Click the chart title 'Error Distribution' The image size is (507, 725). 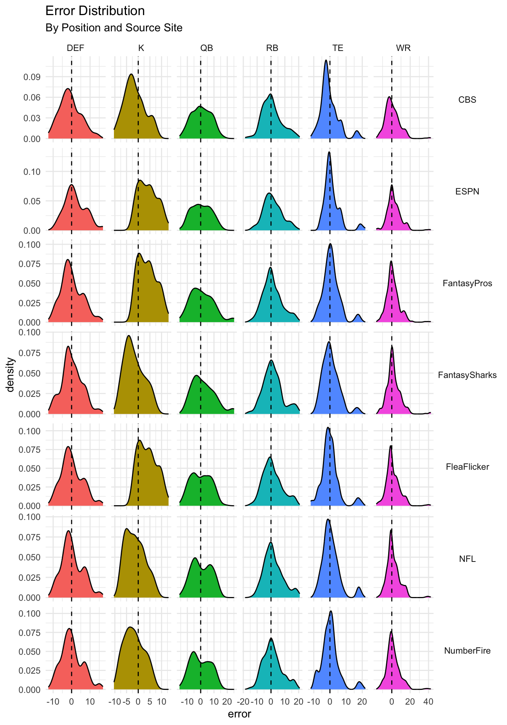pyautogui.click(x=95, y=11)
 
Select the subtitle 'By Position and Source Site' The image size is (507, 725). pyautogui.click(x=114, y=28)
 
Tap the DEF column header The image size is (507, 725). pyautogui.click(x=75, y=48)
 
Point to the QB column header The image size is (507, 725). pyautogui.click(x=207, y=48)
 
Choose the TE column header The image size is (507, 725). pyautogui.click(x=338, y=48)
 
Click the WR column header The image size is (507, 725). pyautogui.click(x=403, y=48)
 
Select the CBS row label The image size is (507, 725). pyautogui.click(x=467, y=100)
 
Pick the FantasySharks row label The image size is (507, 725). pyautogui.click(x=467, y=375)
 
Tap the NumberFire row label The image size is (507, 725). pyautogui.click(x=467, y=651)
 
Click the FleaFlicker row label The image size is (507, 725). pyautogui.click(x=467, y=467)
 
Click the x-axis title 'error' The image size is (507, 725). pyautogui.click(x=240, y=714)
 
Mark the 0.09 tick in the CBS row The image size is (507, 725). pyautogui.click(x=32, y=77)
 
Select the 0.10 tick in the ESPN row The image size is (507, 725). pyautogui.click(x=32, y=172)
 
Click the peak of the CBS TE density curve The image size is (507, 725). pyautogui.click(x=326, y=60)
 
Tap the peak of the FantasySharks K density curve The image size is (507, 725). pyautogui.click(x=129, y=336)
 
